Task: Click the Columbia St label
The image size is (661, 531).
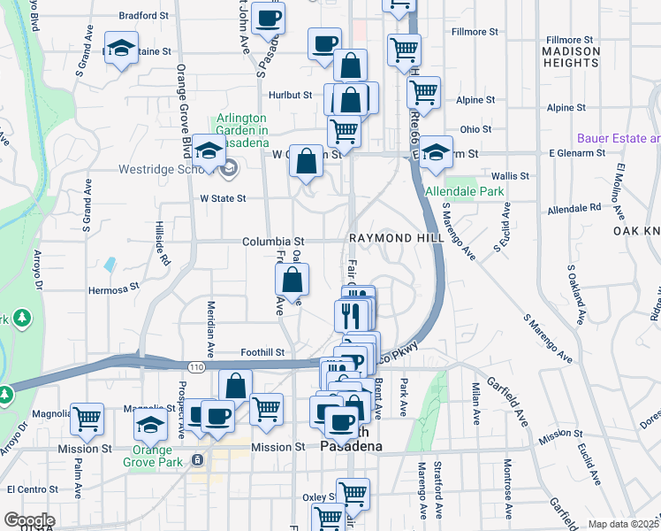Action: pyautogui.click(x=274, y=241)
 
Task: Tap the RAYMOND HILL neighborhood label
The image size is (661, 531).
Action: pyautogui.click(x=393, y=239)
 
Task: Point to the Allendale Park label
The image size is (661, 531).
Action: pyautogui.click(x=464, y=191)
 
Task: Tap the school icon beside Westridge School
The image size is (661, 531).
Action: pyautogui.click(x=209, y=151)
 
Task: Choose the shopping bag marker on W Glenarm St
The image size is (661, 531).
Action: pyautogui.click(x=306, y=162)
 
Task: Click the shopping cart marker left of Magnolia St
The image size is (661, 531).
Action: pyautogui.click(x=87, y=419)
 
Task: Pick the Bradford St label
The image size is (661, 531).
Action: pyautogui.click(x=143, y=16)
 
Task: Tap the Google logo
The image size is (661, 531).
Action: pyautogui.click(x=29, y=520)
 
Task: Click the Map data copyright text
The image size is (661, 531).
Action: pyautogui.click(x=623, y=524)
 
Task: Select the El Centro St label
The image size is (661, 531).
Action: pyautogui.click(x=33, y=489)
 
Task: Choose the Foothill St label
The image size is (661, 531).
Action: pyautogui.click(x=262, y=351)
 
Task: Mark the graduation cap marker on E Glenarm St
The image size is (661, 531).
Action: pyautogui.click(x=436, y=153)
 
